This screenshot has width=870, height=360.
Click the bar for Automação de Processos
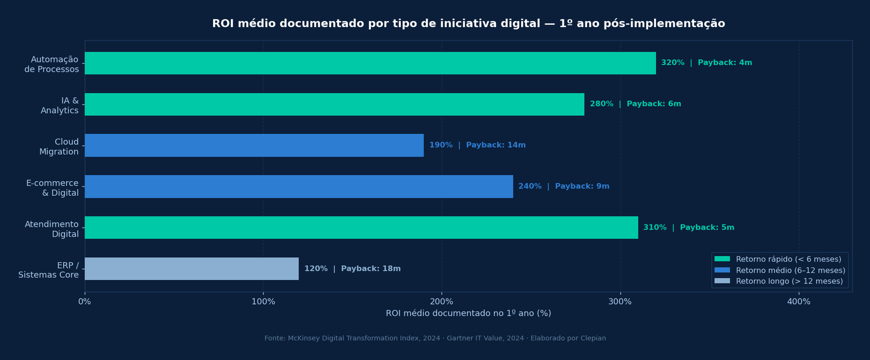(370, 63)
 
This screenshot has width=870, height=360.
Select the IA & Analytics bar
(334, 104)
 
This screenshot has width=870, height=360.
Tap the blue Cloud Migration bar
(254, 145)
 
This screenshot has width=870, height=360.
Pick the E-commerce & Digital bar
(299, 187)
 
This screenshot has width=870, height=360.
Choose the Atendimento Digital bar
(361, 227)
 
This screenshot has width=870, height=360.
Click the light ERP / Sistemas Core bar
(191, 269)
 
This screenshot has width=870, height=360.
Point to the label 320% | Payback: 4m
(706, 63)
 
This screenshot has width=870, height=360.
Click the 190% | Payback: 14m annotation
(477, 145)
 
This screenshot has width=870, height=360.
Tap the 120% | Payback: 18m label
(352, 269)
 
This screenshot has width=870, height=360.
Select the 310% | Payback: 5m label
(688, 227)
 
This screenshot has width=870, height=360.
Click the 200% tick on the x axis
(442, 302)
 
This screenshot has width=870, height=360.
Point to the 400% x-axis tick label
(798, 302)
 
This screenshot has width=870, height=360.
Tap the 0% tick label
(85, 302)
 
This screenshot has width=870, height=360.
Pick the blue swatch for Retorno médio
(722, 270)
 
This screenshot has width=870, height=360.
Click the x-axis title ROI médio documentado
(468, 314)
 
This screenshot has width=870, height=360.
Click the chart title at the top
(468, 23)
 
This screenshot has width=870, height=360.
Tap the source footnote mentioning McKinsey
(435, 338)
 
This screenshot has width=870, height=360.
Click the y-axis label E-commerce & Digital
(52, 188)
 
